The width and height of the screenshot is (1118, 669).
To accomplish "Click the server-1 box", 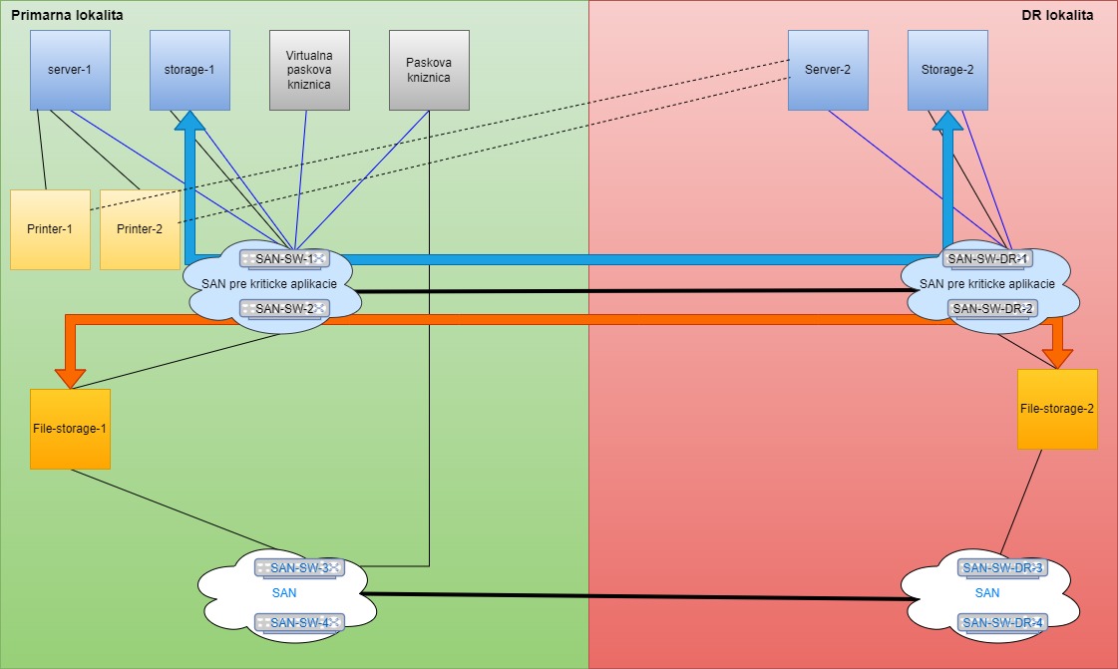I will [x=70, y=70].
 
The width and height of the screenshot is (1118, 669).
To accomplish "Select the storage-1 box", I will [x=189, y=70].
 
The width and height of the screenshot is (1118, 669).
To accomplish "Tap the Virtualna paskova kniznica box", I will [x=309, y=70].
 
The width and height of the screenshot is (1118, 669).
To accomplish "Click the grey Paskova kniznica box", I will [x=428, y=70].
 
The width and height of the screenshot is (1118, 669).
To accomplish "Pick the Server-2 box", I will [x=828, y=70].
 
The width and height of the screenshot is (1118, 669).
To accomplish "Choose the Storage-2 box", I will [x=947, y=70].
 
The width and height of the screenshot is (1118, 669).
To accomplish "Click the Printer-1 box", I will [x=50, y=229].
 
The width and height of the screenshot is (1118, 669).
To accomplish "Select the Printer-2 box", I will [x=139, y=229].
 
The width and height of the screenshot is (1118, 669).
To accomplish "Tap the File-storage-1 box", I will [x=70, y=429].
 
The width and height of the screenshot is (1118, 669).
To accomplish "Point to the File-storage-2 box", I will [x=1057, y=409].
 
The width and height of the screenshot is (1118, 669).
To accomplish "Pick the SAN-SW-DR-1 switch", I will [x=987, y=259].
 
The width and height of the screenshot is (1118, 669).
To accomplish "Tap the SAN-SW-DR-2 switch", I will [x=992, y=308].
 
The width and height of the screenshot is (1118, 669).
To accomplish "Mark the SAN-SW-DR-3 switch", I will [x=1002, y=568].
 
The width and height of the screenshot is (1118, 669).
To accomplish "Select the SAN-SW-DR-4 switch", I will [x=1002, y=623].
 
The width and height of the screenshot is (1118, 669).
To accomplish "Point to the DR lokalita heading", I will [x=1057, y=16].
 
